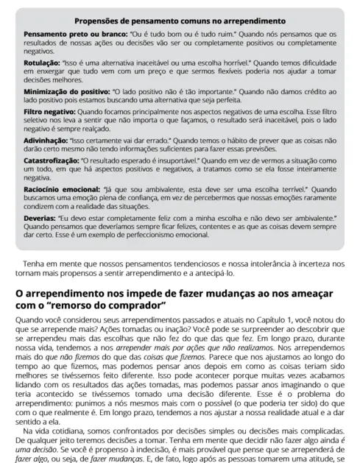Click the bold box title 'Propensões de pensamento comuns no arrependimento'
coord(180,21)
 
